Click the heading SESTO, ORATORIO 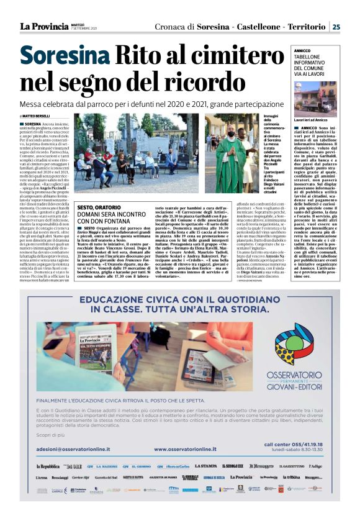click(x=99, y=207)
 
